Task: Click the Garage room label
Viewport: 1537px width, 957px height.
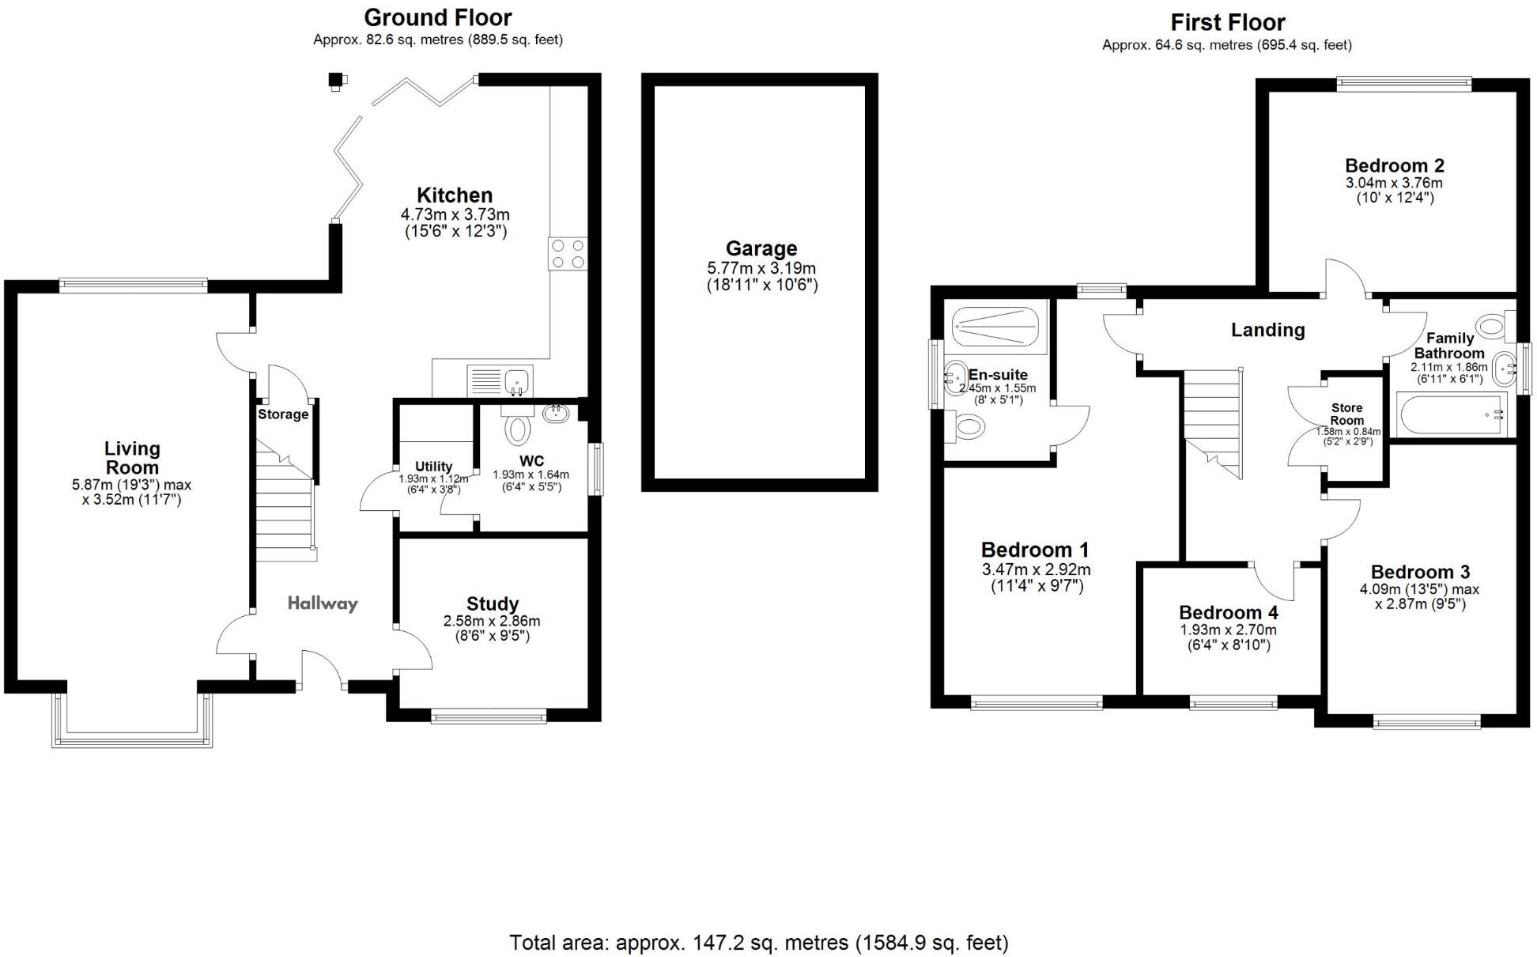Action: (x=761, y=249)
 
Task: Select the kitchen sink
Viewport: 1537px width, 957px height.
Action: (x=500, y=380)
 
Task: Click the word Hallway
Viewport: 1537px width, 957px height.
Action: (x=323, y=603)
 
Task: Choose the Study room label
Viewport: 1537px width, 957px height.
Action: (x=493, y=604)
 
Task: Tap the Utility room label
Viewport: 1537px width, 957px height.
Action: (x=433, y=467)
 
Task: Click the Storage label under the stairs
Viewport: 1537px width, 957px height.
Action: (x=283, y=414)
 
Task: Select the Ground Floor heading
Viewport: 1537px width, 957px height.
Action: (x=437, y=17)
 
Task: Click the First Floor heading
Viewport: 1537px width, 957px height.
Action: (x=1228, y=22)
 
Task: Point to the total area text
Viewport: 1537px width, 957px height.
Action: (x=759, y=943)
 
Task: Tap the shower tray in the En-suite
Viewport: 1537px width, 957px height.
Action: (x=994, y=327)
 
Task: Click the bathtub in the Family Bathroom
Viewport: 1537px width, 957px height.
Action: (x=1452, y=415)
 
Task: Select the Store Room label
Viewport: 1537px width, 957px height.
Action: (x=1347, y=414)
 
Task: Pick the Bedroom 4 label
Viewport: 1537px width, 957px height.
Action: (x=1228, y=612)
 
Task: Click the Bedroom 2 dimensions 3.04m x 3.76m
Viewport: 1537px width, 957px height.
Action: (x=1394, y=183)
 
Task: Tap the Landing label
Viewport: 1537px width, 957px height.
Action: (x=1267, y=330)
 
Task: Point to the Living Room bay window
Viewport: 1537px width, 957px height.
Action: (x=132, y=720)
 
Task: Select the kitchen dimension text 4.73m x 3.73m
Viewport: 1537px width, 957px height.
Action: (x=455, y=214)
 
